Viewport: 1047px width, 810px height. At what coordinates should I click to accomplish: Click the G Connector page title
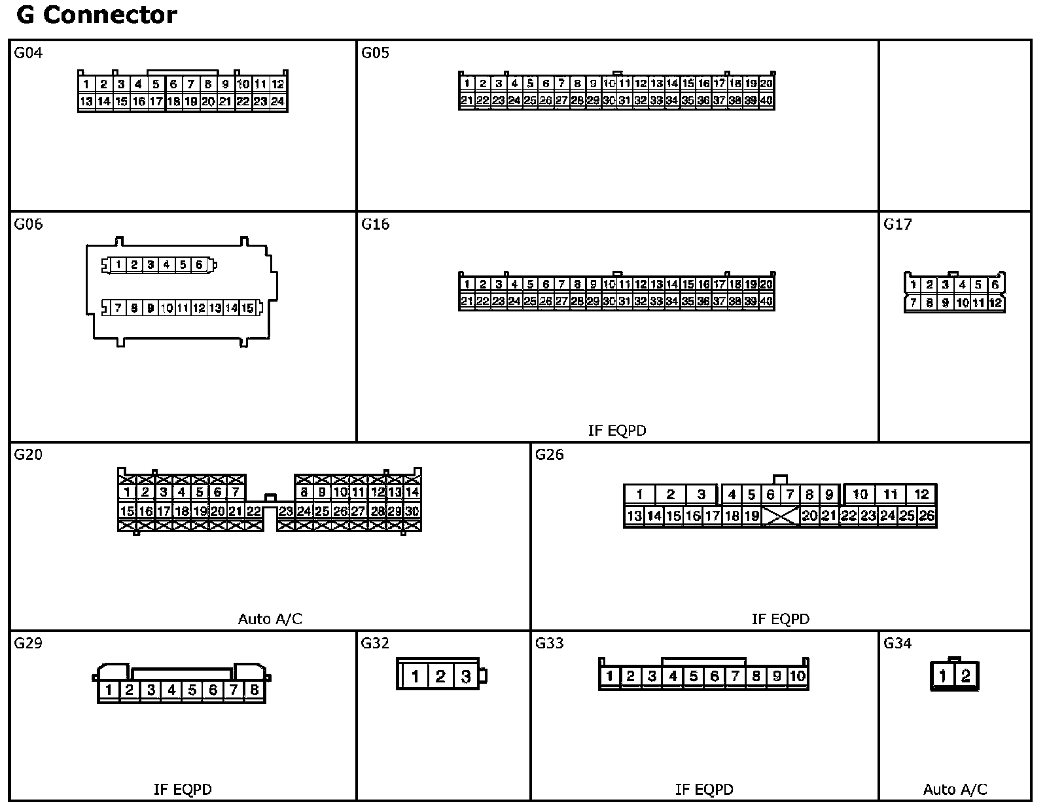[97, 15]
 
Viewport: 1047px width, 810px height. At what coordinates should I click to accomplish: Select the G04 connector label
[28, 53]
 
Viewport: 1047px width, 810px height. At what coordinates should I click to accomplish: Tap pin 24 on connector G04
[278, 101]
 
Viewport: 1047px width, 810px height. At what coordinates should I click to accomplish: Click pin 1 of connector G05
[467, 84]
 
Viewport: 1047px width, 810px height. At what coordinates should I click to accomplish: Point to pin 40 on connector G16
[766, 301]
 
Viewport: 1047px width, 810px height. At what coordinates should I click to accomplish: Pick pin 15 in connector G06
[247, 308]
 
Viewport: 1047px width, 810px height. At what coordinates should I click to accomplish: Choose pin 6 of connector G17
[995, 285]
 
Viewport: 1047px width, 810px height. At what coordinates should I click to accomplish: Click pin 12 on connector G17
[995, 302]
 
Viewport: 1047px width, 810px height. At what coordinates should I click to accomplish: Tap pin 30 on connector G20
[412, 512]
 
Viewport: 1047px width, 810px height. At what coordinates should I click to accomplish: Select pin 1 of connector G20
[127, 492]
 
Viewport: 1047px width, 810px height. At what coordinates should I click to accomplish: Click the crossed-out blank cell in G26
[781, 516]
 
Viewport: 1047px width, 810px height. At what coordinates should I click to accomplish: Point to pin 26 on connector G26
[927, 516]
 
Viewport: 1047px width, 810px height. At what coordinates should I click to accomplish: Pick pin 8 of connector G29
[255, 690]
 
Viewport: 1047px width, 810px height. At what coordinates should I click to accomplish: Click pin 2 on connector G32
[440, 677]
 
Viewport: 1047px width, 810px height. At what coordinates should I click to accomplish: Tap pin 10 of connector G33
[797, 676]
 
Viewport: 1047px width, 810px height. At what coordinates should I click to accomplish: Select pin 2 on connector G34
[966, 676]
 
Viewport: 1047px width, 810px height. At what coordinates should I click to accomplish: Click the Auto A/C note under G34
[955, 790]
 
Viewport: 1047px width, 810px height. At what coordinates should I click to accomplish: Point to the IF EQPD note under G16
[617, 431]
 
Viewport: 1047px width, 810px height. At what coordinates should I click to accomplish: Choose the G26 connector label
[549, 455]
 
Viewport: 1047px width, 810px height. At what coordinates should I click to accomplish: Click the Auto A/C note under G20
[270, 619]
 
